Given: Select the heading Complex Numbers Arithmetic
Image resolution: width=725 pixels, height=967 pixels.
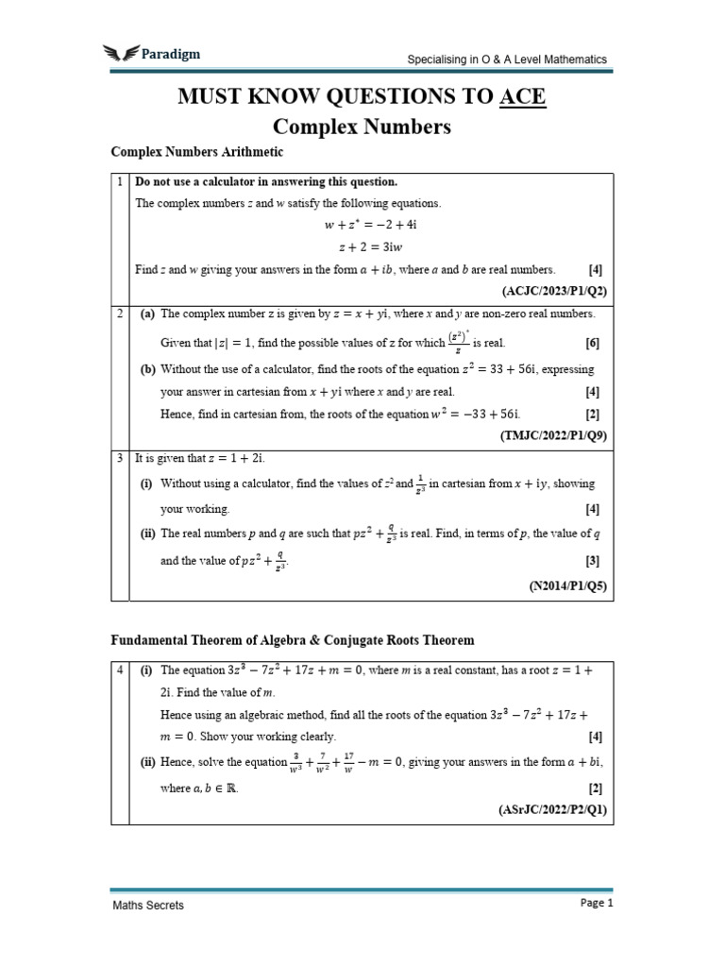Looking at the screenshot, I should point(197,151).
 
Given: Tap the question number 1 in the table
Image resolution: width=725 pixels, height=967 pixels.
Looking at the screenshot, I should point(120,181).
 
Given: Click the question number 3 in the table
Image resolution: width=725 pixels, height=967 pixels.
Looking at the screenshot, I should point(120,458).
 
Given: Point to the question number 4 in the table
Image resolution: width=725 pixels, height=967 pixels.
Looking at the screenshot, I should point(120,670).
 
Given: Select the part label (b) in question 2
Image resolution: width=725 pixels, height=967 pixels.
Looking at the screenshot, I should point(148,369).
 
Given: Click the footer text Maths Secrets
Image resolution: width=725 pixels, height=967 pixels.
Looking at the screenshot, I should point(148,905).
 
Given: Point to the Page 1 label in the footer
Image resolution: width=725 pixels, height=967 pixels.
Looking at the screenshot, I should point(597,903).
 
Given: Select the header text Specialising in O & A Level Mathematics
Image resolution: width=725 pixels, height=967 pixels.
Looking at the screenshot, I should point(507,59).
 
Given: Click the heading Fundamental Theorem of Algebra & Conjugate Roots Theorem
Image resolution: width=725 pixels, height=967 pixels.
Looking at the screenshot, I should point(293,640).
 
